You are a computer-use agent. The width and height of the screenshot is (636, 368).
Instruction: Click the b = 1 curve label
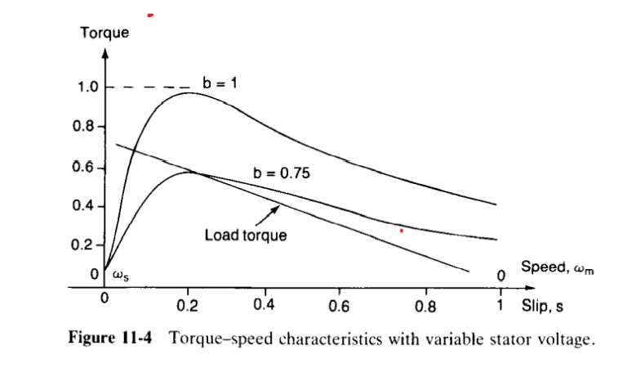pyautogui.click(x=220, y=82)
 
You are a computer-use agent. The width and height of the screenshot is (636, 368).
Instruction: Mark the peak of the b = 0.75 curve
pyautogui.click(x=189, y=172)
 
